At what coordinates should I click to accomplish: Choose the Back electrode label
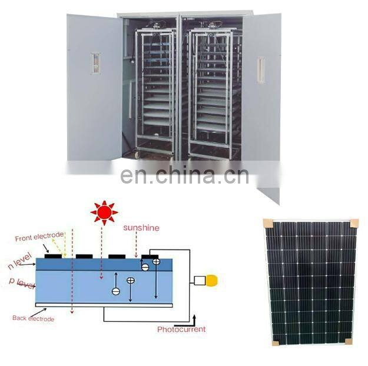[33, 318]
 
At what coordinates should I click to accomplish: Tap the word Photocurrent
[181, 329]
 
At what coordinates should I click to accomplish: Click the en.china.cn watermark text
[184, 175]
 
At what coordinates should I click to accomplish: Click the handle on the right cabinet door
[260, 70]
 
